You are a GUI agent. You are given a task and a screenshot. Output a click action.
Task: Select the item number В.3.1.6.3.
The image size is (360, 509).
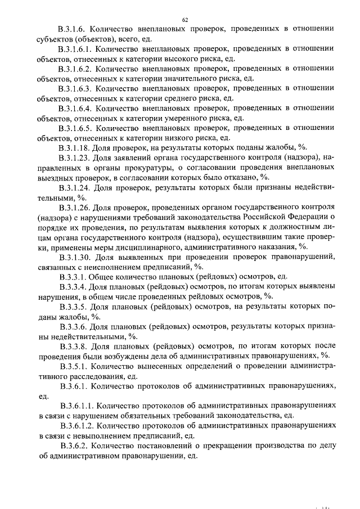(78, 88)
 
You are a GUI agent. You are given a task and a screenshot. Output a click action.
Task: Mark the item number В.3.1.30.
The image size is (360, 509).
(75, 256)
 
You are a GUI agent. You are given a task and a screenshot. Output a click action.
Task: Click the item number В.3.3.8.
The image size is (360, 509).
(74, 345)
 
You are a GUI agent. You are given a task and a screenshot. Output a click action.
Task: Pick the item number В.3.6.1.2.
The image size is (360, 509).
(78, 425)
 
